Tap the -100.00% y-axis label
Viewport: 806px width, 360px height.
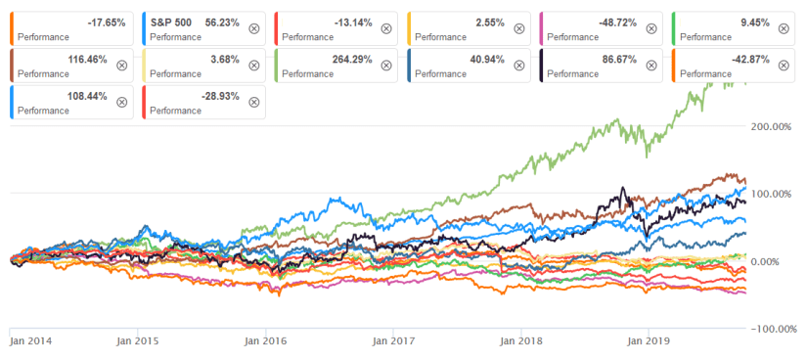click(x=773, y=329)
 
